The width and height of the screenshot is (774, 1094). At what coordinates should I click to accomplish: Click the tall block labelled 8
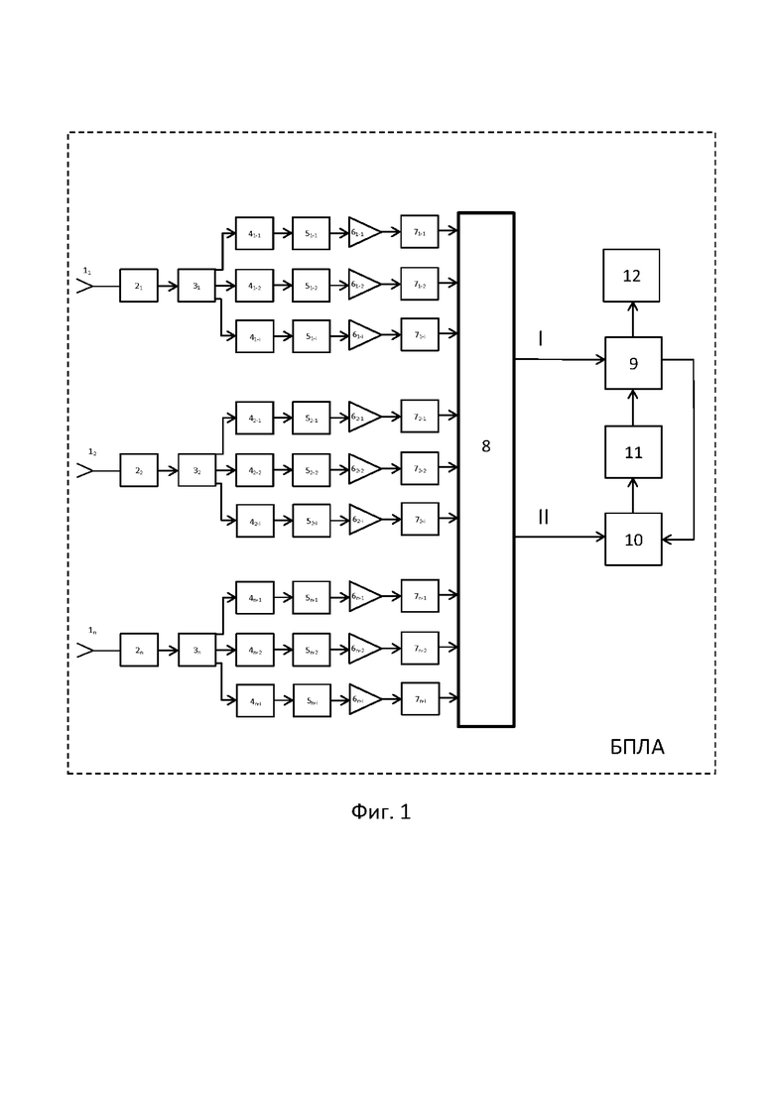click(x=485, y=468)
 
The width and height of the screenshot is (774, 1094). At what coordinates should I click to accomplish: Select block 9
click(x=633, y=363)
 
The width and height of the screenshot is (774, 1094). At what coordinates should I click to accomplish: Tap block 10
click(x=633, y=540)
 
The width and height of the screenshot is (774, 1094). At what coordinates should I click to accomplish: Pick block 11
click(x=633, y=452)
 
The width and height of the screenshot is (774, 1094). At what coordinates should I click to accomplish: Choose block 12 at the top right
click(x=632, y=276)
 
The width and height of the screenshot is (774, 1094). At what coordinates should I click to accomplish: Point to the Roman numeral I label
click(x=540, y=339)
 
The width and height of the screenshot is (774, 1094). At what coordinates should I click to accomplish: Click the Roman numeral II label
click(x=543, y=517)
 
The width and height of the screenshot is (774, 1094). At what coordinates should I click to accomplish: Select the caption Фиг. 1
click(x=381, y=811)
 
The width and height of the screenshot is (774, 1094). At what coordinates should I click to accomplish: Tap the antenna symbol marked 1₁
click(x=85, y=286)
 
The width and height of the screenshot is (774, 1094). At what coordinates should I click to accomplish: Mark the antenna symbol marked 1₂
click(x=85, y=469)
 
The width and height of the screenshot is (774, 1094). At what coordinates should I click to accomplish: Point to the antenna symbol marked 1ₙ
click(x=85, y=650)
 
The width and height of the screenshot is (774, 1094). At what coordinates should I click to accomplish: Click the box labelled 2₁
click(x=139, y=286)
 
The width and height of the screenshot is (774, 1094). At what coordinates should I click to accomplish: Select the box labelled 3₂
click(x=196, y=469)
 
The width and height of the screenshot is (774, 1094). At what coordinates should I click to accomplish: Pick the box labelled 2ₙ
click(x=139, y=650)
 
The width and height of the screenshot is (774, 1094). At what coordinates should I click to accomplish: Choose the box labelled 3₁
click(x=196, y=286)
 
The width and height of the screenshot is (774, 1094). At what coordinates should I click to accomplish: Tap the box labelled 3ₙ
click(x=196, y=650)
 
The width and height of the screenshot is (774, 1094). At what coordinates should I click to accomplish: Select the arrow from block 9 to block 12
click(x=633, y=319)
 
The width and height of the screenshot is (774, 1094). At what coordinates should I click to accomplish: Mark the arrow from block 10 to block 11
click(x=633, y=496)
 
